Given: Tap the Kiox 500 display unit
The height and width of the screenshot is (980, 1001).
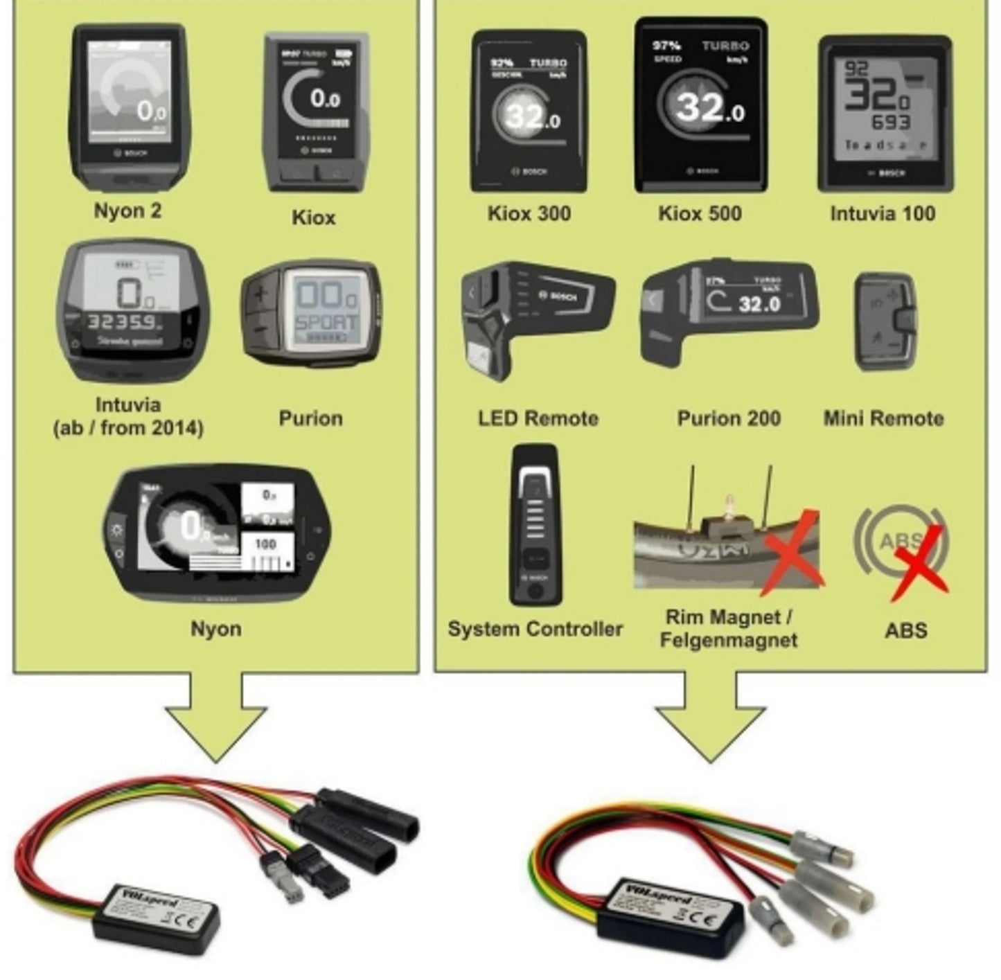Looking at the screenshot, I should coord(700,105).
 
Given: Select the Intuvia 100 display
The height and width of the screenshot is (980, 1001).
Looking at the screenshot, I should coord(885,114).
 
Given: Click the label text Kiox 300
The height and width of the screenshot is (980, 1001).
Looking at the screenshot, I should coord(529,213).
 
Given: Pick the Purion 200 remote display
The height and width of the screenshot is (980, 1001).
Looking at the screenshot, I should coord(727,312).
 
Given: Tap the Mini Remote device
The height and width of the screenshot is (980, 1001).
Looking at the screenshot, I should coord(885,322).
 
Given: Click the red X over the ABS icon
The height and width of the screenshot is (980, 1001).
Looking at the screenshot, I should coord(918,561).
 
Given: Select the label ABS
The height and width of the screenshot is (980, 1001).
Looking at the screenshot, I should coord(905,630).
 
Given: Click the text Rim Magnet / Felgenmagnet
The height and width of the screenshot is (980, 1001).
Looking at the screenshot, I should coord(729,628).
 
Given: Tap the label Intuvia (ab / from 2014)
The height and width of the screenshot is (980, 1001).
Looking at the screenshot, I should coord(128,416).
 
